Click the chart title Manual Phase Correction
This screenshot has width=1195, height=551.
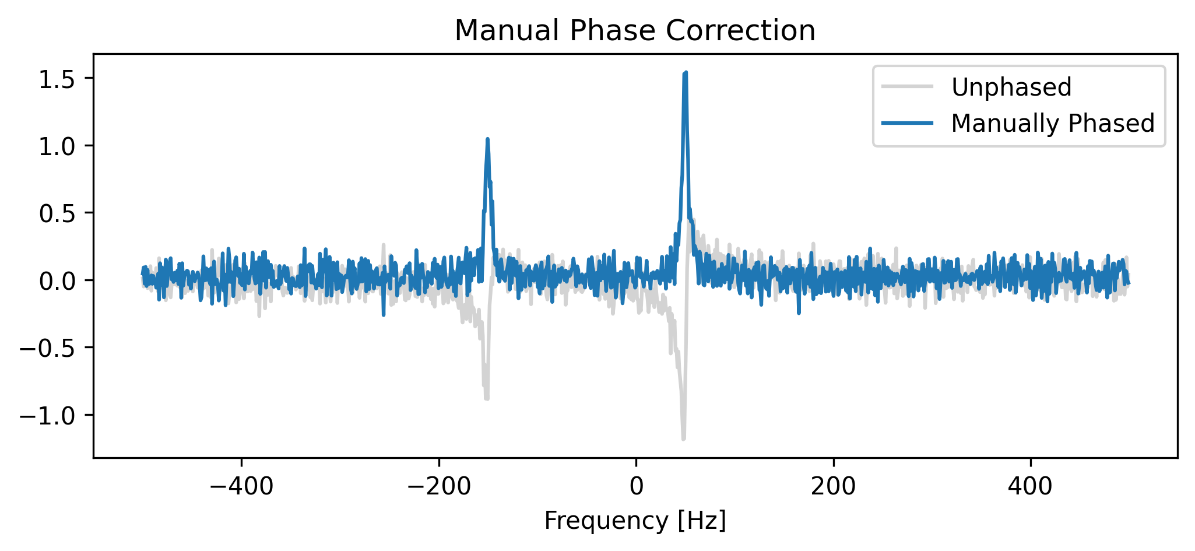pos(635,31)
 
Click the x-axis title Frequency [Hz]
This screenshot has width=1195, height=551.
pos(635,521)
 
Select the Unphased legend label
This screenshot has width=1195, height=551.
pos(1011,87)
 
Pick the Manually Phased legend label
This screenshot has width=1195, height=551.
pos(1053,124)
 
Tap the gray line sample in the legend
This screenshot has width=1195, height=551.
pos(907,87)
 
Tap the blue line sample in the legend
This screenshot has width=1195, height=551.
pos(907,124)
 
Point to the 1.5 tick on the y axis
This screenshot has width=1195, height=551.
pos(58,78)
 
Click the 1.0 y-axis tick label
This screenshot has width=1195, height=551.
pos(58,146)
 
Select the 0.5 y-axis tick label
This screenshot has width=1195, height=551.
pos(58,213)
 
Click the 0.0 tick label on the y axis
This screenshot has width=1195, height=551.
pos(58,280)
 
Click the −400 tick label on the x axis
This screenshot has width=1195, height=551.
pos(241,486)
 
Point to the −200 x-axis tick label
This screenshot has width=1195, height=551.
pos(438,486)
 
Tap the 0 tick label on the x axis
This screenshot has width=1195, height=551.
pos(636,486)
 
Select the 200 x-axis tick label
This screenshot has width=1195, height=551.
pos(834,486)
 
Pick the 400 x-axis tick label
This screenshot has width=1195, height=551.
pos(1031,486)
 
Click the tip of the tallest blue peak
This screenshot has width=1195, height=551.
pos(686,72)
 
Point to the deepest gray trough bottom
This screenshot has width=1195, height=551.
pos(683,438)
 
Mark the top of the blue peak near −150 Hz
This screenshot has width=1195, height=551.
pos(487,139)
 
